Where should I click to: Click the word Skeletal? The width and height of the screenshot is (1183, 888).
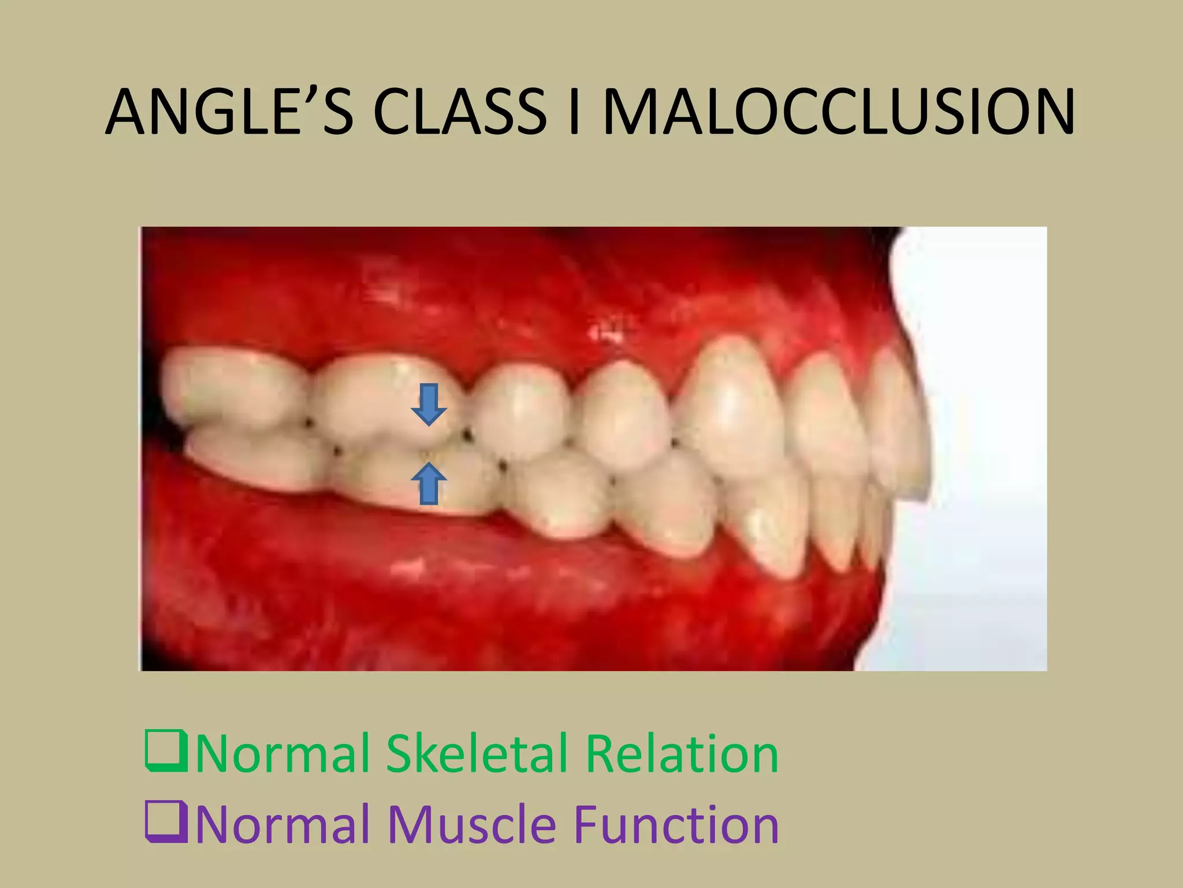pos(478,753)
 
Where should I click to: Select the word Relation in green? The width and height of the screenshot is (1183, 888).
pos(682,753)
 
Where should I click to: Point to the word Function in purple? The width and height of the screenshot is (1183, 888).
pos(676,824)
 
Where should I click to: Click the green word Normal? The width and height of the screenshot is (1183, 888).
pos(282,753)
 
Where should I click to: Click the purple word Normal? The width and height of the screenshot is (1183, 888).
pos(282,824)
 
